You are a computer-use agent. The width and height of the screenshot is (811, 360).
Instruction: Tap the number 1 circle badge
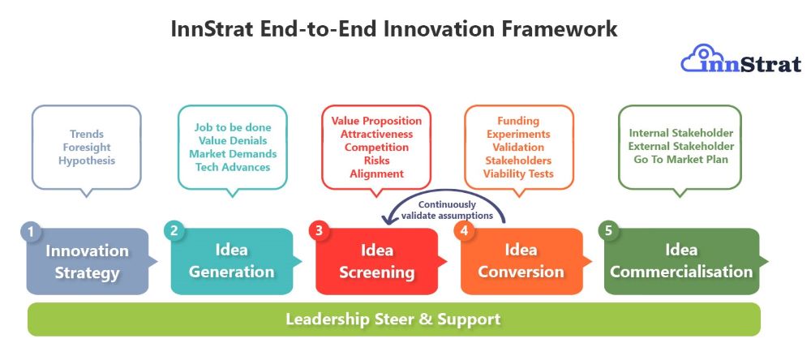pyautogui.click(x=31, y=231)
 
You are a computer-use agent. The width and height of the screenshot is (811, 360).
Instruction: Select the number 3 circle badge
pyautogui.click(x=318, y=231)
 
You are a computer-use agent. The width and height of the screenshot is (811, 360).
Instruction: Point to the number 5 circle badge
pyautogui.click(x=607, y=231)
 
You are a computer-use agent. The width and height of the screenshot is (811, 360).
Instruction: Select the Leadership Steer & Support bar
pyautogui.click(x=393, y=319)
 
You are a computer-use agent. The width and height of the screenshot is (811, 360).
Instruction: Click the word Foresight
pyautogui.click(x=87, y=148)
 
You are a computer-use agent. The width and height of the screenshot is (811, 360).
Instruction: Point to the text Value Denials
pyautogui.click(x=233, y=141)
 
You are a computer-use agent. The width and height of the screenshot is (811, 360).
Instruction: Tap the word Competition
pyautogui.click(x=376, y=148)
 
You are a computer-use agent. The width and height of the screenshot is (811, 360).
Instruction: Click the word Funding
pyautogui.click(x=518, y=121)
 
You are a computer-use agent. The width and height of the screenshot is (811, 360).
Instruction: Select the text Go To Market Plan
pyautogui.click(x=680, y=159)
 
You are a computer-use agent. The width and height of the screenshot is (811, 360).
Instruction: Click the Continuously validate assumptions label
pyautogui.click(x=447, y=211)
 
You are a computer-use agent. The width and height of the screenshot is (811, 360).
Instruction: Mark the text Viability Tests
pyautogui.click(x=518, y=174)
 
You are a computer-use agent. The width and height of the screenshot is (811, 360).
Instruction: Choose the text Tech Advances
pyautogui.click(x=233, y=167)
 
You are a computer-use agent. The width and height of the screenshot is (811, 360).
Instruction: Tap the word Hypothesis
pyautogui.click(x=87, y=161)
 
